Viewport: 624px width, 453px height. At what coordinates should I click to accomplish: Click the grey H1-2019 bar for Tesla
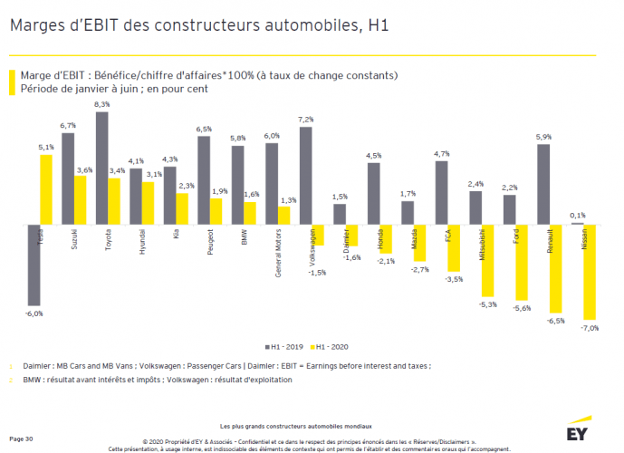click(34, 265)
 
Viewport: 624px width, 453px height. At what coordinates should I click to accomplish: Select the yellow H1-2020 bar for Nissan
click(590, 272)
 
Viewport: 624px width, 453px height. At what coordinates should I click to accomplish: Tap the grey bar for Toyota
click(101, 168)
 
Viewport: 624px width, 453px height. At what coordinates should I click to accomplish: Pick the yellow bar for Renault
click(556, 268)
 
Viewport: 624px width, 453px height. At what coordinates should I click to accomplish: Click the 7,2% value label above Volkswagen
click(305, 120)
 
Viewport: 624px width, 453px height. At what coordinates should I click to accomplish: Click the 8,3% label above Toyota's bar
click(101, 105)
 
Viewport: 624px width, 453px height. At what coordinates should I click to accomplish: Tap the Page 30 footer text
click(22, 439)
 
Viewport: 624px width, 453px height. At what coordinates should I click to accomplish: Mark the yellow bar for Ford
click(522, 262)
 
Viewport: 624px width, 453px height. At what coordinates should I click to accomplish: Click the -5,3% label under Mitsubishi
click(487, 304)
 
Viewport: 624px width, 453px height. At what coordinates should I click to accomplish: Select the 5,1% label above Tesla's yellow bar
click(45, 147)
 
